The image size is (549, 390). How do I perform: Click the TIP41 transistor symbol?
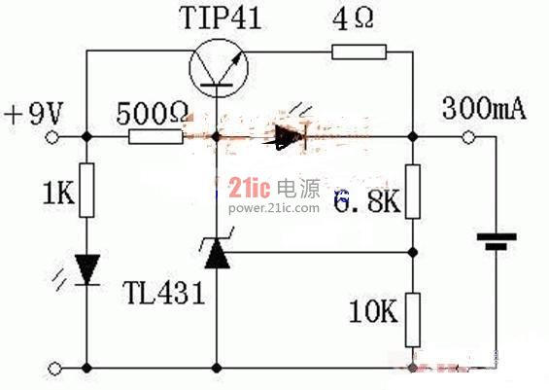coord(219,68)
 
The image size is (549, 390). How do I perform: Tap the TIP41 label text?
coord(221,18)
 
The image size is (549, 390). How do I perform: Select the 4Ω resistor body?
coord(359,52)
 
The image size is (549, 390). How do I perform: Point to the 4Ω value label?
coord(353,18)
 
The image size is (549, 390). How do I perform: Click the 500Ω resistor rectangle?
coord(155,137)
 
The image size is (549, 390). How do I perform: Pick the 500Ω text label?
coord(152,113)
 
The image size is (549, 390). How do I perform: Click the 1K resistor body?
coord(86,191)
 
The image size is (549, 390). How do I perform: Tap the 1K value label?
coord(58,193)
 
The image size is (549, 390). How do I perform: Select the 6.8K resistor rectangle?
coord(413,192)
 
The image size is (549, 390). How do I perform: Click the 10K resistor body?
coord(413,320)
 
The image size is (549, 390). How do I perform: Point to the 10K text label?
coord(373,311)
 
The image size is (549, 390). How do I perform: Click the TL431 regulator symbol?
coord(217,251)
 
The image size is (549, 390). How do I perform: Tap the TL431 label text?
coord(163,293)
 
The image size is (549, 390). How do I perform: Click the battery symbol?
coord(497,242)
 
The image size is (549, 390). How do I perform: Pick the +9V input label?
coord(34,113)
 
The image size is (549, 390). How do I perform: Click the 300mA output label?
coord(484,109)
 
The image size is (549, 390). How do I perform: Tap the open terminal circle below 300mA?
coord(468,137)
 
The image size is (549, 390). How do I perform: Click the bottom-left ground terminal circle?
coord(55,369)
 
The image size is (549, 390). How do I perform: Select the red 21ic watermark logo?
coord(250,188)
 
